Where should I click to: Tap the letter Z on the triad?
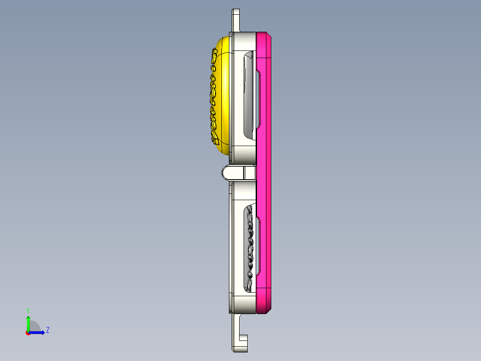47,330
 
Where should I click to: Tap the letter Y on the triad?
28,310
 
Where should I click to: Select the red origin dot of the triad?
28,333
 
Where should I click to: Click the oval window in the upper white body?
248,94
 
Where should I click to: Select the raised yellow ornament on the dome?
213,98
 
